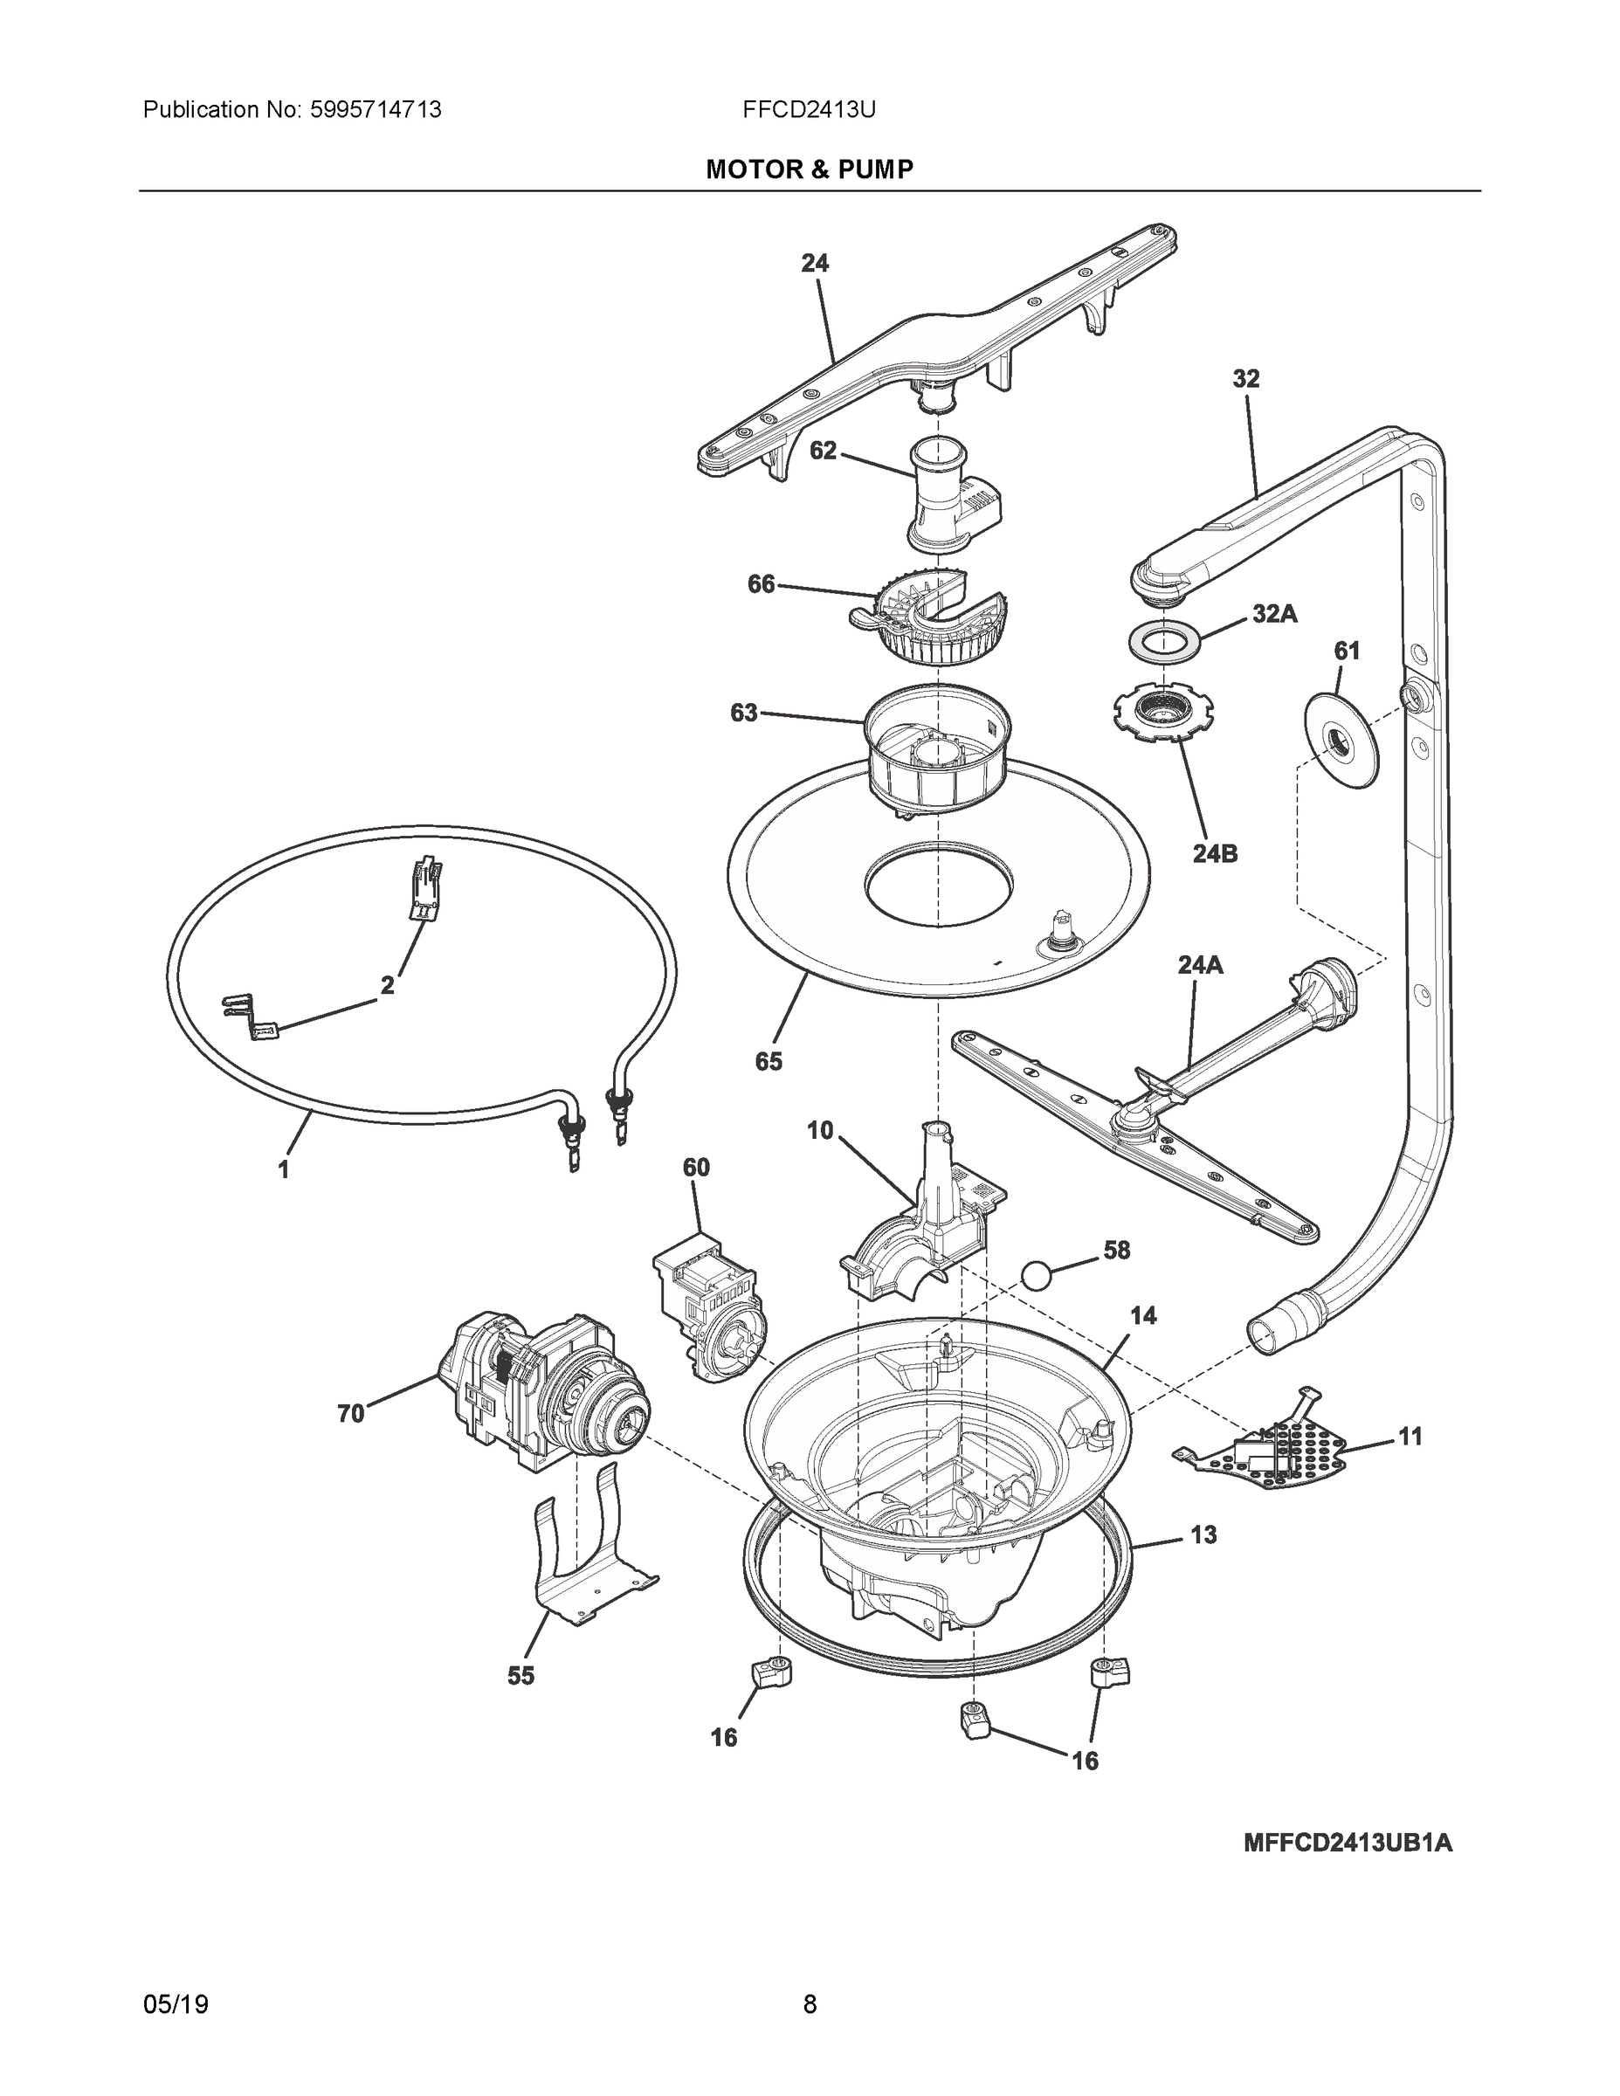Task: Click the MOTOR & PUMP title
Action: (x=809, y=170)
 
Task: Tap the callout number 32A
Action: (x=1273, y=614)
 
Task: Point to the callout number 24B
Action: (x=1214, y=853)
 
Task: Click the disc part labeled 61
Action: (x=1340, y=740)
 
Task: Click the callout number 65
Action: (x=768, y=1060)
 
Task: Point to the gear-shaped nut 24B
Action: (x=1163, y=715)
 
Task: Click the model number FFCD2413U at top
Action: (x=808, y=109)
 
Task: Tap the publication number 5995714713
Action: (x=376, y=109)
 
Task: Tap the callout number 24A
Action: (x=1200, y=964)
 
